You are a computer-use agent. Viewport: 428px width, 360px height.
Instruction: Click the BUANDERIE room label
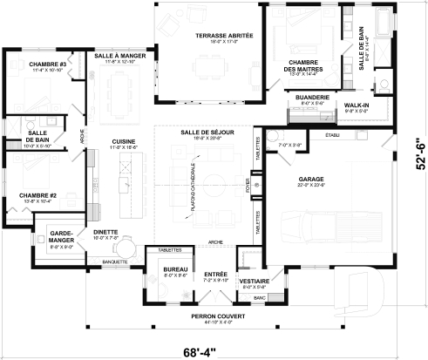click(x=311, y=98)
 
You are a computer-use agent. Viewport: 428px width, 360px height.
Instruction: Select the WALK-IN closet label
click(x=357, y=105)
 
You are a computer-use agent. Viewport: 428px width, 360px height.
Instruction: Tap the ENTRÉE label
click(x=214, y=274)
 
